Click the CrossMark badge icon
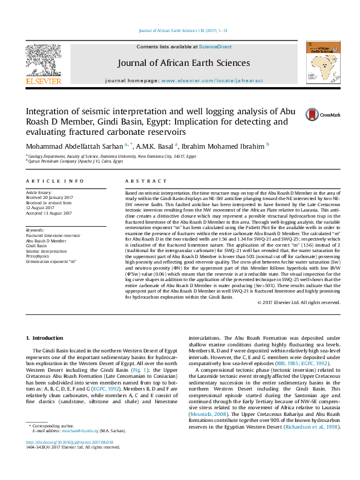pyautogui.click(x=312, y=114)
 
